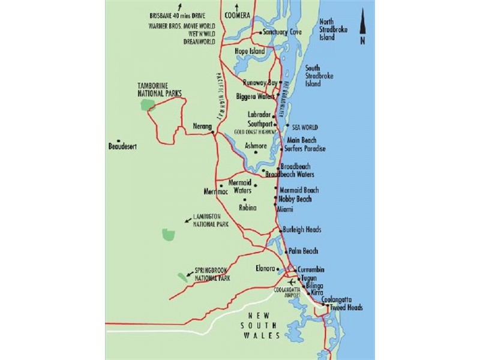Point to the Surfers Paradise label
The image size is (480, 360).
tap(305, 149)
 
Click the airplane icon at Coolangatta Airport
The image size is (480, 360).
tap(292, 281)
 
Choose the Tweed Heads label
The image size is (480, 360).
tap(346, 308)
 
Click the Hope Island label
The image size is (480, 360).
tap(249, 52)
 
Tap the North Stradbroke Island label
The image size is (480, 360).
tap(335, 29)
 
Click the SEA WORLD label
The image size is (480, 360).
tap(305, 127)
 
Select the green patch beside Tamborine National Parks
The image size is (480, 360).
tap(147, 105)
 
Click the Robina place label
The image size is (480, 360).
tap(247, 208)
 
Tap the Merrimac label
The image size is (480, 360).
tap(216, 191)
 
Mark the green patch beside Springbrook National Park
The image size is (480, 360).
tap(182, 277)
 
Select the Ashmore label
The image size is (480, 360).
tap(256, 145)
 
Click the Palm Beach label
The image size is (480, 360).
tap(303, 251)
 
